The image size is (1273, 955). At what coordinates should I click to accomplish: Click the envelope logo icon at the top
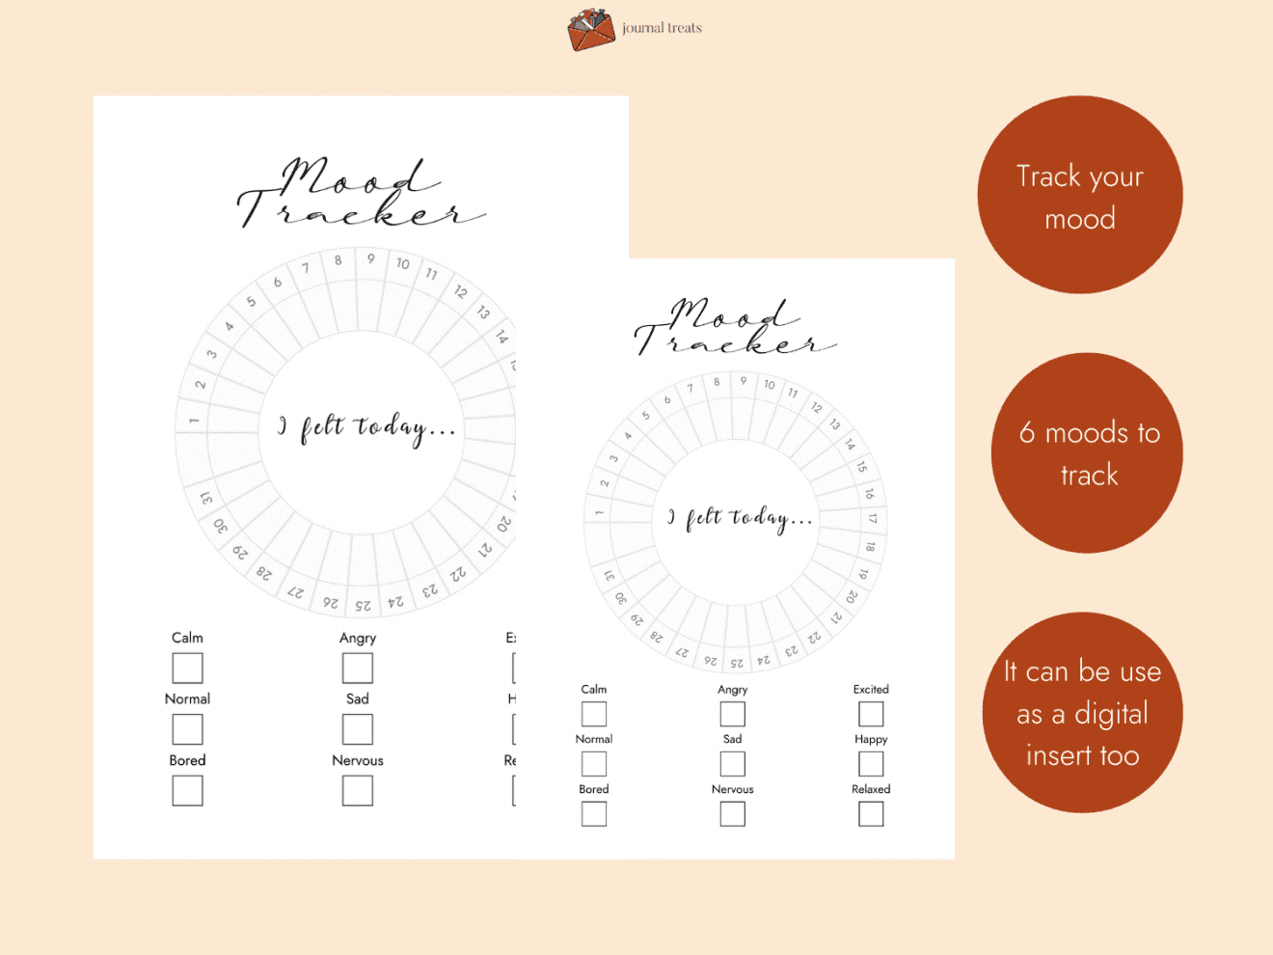point(591,29)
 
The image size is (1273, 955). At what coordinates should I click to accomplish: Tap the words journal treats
point(662,28)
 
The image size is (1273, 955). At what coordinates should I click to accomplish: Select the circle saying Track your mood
point(1080,195)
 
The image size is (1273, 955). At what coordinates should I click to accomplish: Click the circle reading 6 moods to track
point(1088,452)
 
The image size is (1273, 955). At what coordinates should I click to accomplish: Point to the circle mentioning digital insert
point(1082,713)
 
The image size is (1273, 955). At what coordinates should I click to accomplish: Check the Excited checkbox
point(871,714)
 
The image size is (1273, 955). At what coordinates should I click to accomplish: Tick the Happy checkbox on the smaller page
point(871,764)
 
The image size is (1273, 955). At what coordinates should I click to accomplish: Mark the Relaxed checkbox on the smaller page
point(871,814)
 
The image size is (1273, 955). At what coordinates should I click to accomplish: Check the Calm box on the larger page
point(187,668)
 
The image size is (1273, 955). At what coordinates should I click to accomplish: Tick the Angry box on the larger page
point(358,668)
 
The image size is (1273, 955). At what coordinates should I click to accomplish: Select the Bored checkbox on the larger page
point(187,791)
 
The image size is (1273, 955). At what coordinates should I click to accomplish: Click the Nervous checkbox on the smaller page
point(733,814)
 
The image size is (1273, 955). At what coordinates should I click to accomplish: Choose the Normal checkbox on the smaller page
point(594,764)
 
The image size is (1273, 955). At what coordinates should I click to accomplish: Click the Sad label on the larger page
point(358,698)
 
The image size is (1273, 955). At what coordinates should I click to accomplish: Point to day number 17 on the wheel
point(873,518)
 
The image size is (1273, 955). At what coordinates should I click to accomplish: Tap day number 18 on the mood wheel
point(871,547)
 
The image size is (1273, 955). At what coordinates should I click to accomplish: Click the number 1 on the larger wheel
point(194,421)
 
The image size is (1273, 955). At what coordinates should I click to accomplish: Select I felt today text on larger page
point(366,427)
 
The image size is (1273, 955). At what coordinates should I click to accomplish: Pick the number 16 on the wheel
point(869,493)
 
